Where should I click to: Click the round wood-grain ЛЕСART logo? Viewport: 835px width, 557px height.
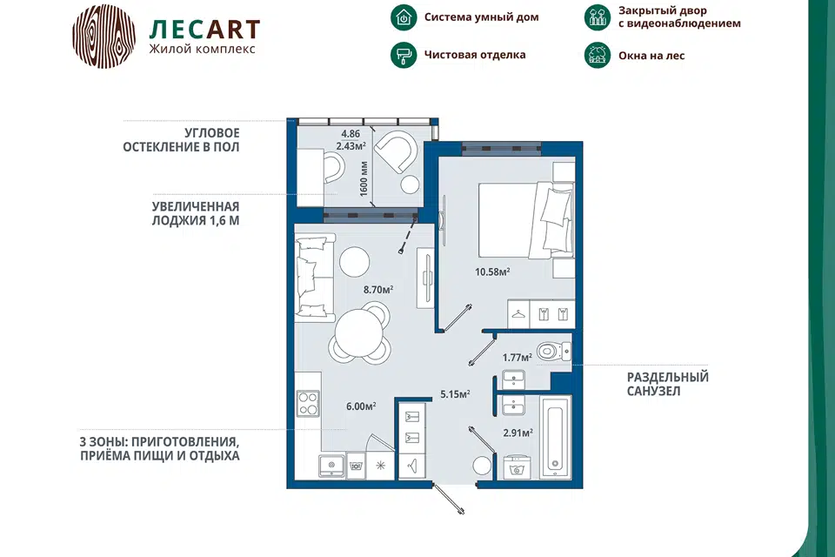tap(104, 37)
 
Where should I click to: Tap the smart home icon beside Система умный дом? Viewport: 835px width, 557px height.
tap(404, 17)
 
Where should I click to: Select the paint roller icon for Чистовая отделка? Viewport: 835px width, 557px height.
tap(404, 55)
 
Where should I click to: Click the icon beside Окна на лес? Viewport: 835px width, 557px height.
tap(597, 55)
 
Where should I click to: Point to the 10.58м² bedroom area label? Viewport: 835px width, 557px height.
tap(492, 272)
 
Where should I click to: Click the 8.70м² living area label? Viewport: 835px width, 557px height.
tap(378, 290)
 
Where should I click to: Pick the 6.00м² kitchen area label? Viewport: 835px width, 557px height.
tap(361, 406)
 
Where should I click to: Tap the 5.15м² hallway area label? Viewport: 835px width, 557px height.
tap(455, 394)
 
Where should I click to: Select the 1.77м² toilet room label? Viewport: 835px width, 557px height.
tap(517, 357)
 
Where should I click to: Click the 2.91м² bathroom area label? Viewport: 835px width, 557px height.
tap(518, 433)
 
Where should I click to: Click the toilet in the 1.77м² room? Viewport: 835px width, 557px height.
tap(554, 352)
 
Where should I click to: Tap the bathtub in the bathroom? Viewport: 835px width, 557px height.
tap(555, 437)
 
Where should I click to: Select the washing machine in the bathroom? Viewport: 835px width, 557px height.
tap(514, 467)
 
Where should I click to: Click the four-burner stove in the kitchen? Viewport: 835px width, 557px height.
tap(308, 403)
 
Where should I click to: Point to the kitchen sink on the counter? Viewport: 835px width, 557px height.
tap(331, 466)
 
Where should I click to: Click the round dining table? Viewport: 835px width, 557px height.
tap(359, 333)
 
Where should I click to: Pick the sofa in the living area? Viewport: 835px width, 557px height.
tap(314, 280)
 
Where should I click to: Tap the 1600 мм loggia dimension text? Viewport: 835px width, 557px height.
tap(364, 179)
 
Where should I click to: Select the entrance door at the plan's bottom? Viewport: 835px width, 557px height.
tap(449, 499)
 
